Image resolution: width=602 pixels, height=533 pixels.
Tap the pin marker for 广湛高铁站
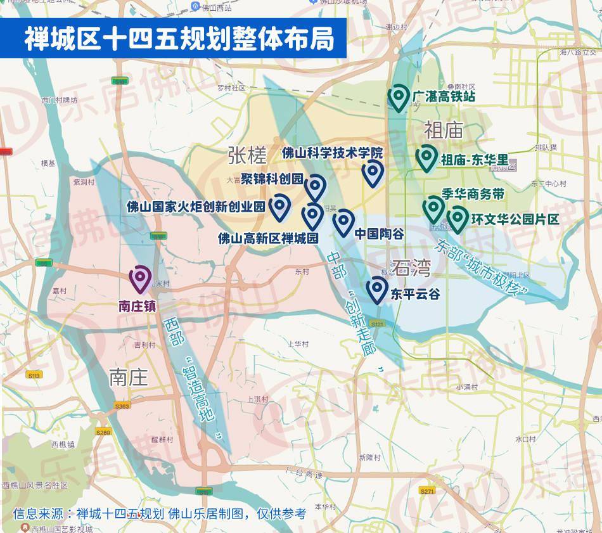pyautogui.click(x=398, y=98)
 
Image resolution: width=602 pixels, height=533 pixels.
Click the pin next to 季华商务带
pyautogui.click(x=433, y=209)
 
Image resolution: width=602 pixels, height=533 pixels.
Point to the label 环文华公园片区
pyautogui.click(x=515, y=219)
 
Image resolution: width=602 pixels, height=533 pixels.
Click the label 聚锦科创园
pyautogui.click(x=272, y=178)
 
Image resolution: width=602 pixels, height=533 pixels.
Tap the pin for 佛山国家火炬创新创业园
pyautogui.click(x=279, y=206)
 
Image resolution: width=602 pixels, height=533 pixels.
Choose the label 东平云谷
pyautogui.click(x=415, y=295)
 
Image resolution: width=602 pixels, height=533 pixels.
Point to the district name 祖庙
pyautogui.click(x=445, y=131)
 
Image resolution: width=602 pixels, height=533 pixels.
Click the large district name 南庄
pyautogui.click(x=129, y=377)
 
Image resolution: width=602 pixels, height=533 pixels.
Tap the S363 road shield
pyautogui.click(x=122, y=406)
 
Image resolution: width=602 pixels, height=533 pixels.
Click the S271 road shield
pyautogui.click(x=427, y=491)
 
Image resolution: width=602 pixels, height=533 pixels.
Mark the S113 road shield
pyautogui.click(x=34, y=376)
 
